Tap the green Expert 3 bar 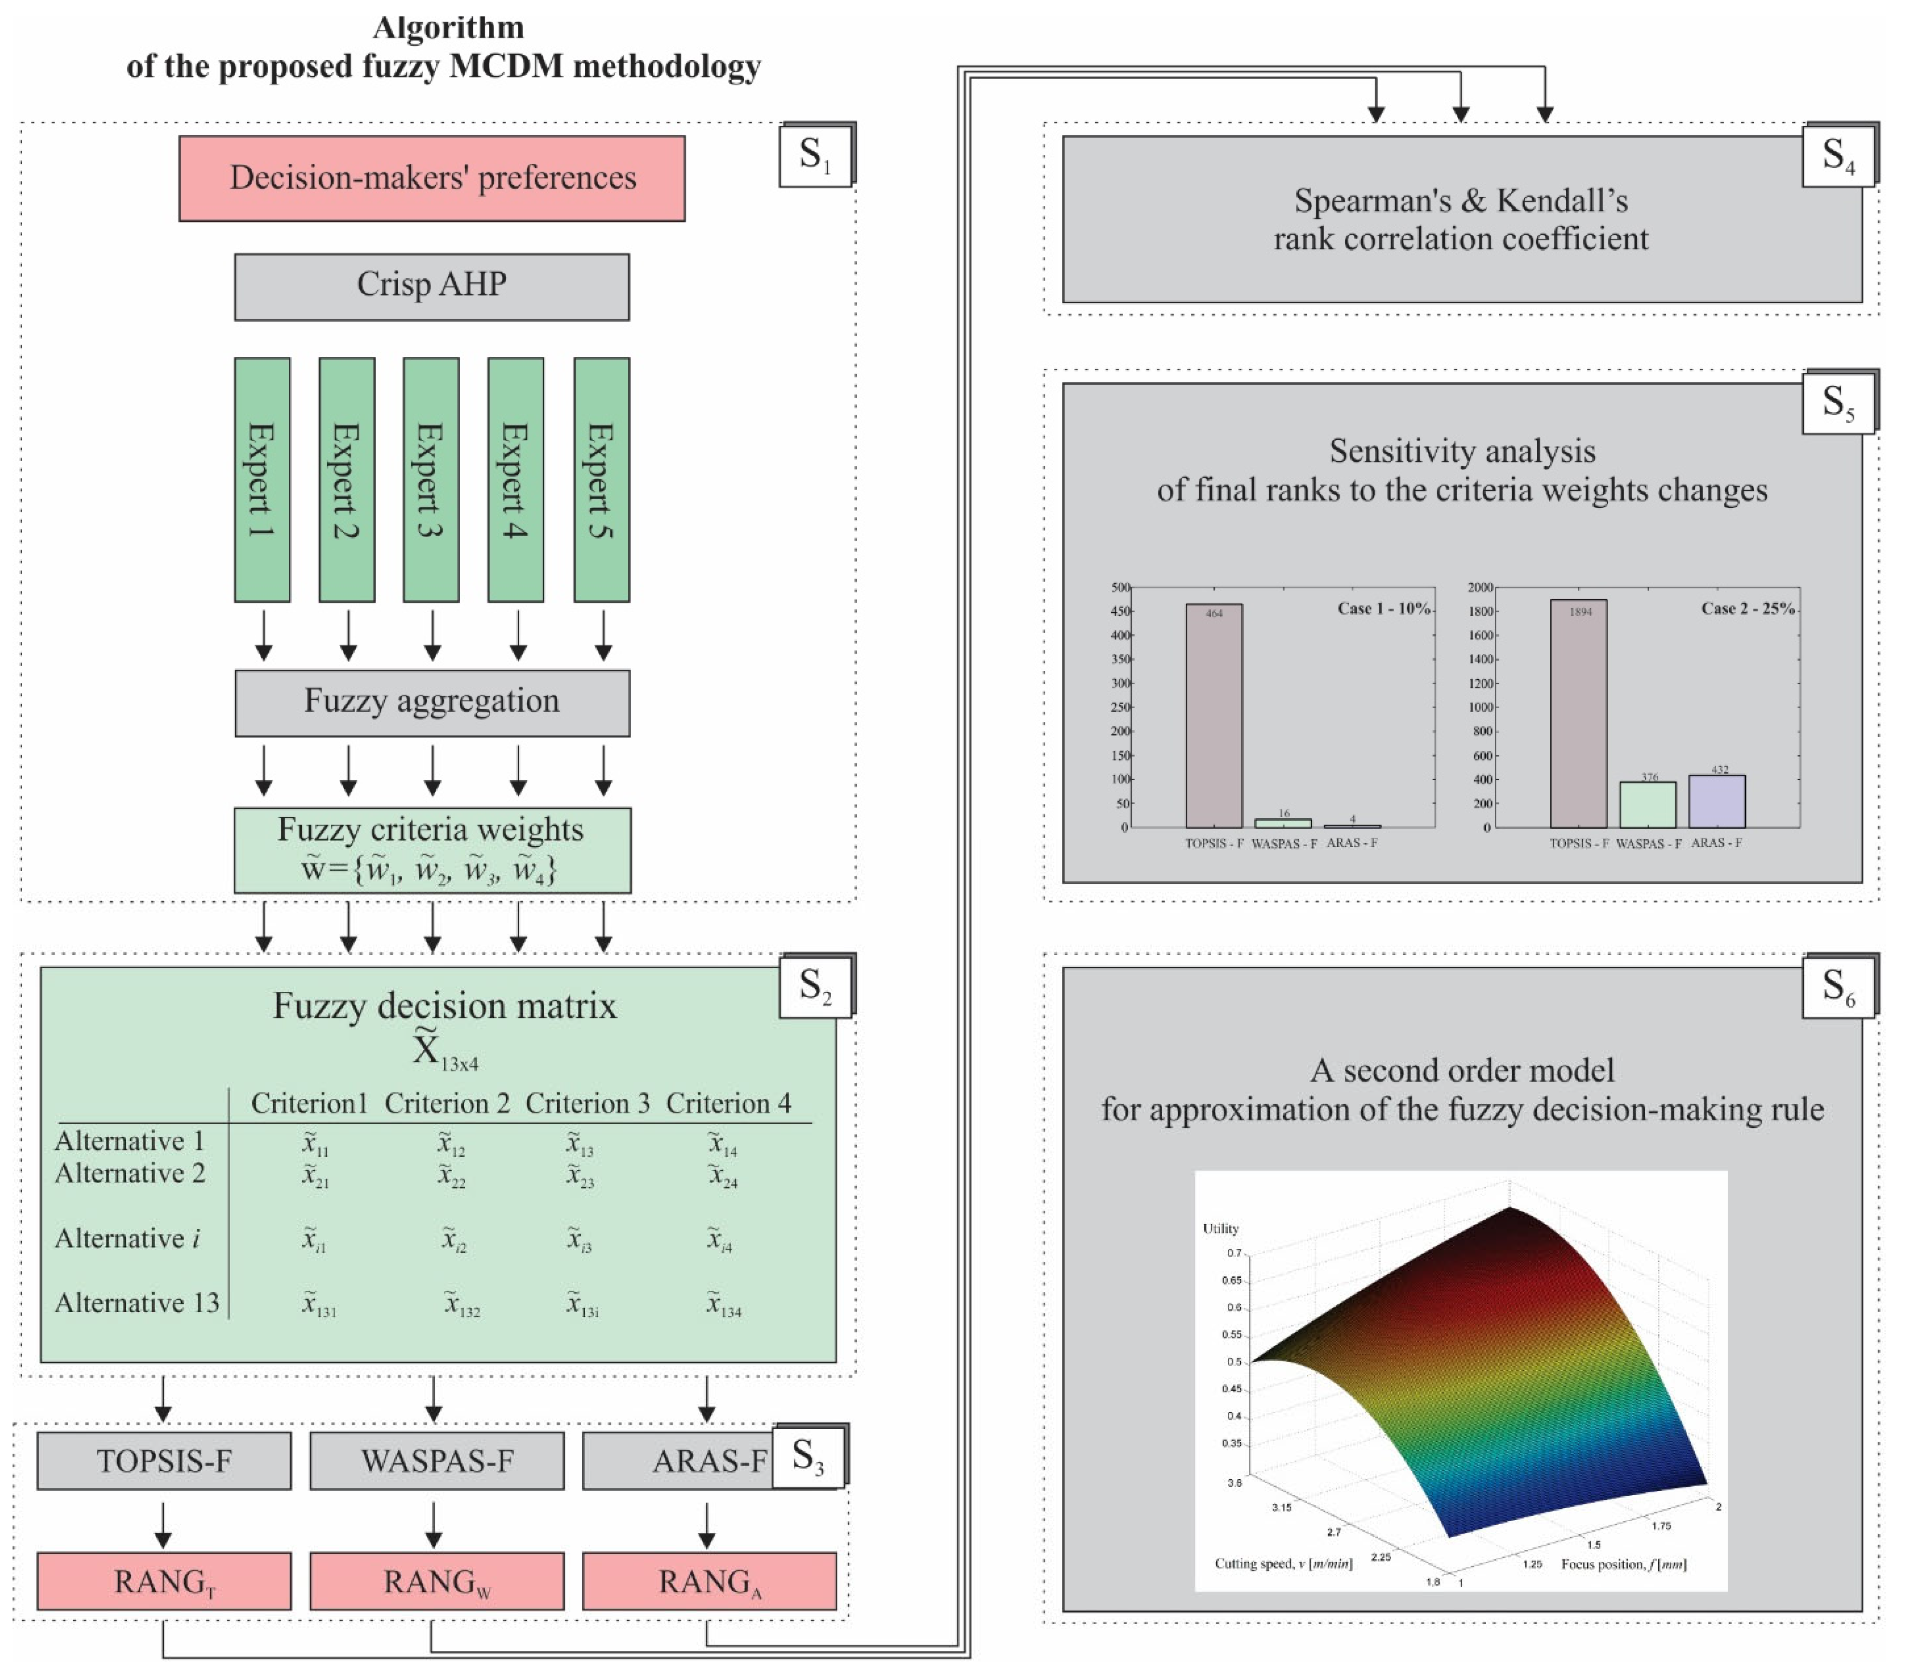click(x=430, y=479)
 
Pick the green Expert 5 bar click(x=601, y=479)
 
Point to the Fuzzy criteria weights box click(x=431, y=850)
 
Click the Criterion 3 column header click(x=587, y=1104)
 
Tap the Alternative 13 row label click(x=136, y=1302)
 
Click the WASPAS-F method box click(x=437, y=1461)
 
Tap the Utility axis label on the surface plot click(x=1220, y=1229)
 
